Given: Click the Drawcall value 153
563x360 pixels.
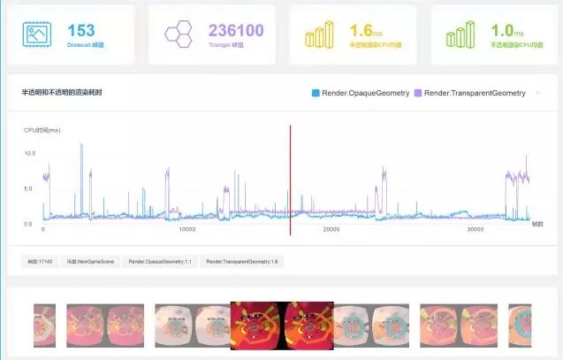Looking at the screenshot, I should tap(80, 31).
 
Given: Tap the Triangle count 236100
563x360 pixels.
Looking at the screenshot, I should tap(236, 31).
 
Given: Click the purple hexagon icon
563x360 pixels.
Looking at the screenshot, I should tap(179, 34).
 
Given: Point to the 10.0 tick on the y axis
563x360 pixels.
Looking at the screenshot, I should tap(29, 153).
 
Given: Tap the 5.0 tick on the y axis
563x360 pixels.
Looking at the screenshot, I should tap(29, 188).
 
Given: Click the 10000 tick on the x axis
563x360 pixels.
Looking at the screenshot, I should tap(187, 229).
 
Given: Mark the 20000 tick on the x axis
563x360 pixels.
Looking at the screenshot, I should tap(331, 229).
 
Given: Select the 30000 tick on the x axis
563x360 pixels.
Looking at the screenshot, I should tap(475, 229).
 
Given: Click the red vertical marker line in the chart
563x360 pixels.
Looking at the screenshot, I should tap(290, 177).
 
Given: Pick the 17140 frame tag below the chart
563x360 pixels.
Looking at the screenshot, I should tap(41, 262).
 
